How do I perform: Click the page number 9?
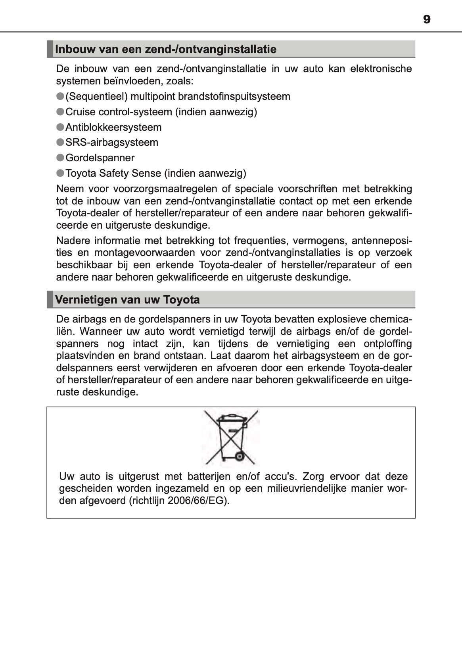click(x=427, y=19)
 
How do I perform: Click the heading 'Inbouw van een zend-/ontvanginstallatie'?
click(x=166, y=50)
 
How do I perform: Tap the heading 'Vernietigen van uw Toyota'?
click(x=127, y=300)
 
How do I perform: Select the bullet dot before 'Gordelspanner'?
click(x=60, y=158)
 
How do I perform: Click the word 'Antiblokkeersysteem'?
click(x=113, y=127)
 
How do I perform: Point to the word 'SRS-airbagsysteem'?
click(x=112, y=142)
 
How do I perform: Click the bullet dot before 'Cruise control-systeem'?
click(x=60, y=112)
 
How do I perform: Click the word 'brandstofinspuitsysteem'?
click(x=234, y=96)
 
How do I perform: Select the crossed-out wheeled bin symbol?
click(x=231, y=437)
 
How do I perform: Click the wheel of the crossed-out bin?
click(x=240, y=456)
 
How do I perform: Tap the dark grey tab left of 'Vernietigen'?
click(x=50, y=300)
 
